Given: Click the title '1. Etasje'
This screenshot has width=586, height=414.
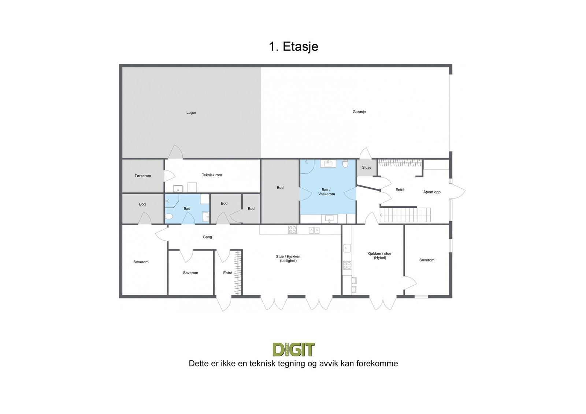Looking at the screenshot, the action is point(293,47).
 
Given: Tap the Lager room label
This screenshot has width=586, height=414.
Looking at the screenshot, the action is point(191,113).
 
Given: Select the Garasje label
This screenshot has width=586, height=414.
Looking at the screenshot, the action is point(359,112).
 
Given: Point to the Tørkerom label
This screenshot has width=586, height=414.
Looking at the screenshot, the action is point(143,176).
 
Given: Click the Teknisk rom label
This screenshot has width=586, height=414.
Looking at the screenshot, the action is point(212,175).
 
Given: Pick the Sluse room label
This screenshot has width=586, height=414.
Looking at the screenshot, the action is point(367,168).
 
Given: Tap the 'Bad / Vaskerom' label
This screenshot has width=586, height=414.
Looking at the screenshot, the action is point(326,192).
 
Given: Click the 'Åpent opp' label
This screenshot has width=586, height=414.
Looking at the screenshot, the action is point(432,192).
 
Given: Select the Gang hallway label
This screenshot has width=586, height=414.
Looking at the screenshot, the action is point(207,237).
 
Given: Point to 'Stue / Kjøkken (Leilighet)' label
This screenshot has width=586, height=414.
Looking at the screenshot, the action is point(288,259).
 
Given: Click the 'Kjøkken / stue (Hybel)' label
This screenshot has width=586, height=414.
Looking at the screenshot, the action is point(379,255).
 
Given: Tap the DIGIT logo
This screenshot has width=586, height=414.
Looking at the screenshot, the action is point(293,349).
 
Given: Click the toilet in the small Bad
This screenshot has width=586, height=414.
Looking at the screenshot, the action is point(169,216).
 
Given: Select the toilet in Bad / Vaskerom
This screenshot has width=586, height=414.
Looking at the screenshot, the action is point(345,163).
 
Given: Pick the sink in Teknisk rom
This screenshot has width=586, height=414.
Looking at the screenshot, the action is point(178,188).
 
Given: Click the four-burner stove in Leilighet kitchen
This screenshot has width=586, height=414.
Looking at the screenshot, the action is point(292,230).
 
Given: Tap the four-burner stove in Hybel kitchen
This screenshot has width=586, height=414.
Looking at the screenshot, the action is point(347,266).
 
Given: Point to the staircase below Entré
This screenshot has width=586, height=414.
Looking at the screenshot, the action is point(405,215).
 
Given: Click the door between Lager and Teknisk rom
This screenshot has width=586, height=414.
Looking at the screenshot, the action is point(175,152).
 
